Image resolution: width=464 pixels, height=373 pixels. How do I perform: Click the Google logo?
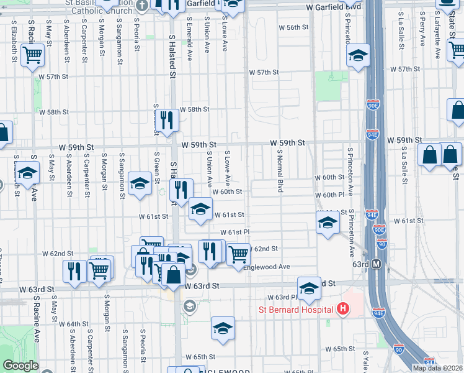[x=20, y=366]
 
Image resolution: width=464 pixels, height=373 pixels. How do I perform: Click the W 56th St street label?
[x=293, y=28]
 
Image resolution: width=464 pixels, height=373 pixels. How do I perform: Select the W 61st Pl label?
[x=234, y=232]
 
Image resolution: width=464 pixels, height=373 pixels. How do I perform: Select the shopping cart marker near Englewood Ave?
[x=238, y=253]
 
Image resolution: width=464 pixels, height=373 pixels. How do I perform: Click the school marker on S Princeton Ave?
[x=357, y=56]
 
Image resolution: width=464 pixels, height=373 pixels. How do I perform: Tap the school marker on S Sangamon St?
[x=140, y=183]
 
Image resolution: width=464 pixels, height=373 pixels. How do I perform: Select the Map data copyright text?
[x=437, y=368]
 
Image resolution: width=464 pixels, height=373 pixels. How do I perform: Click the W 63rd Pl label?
[x=282, y=297]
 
